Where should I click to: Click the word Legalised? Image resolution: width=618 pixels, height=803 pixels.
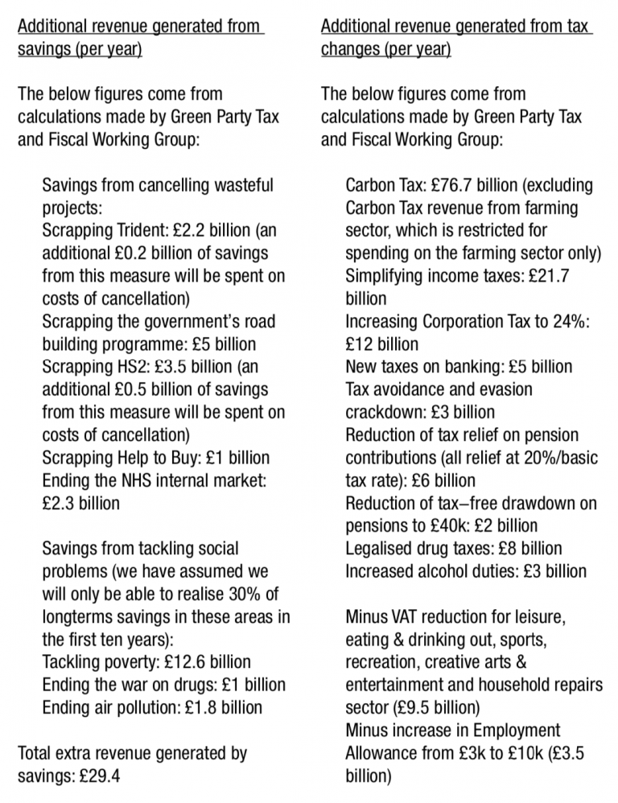pyautogui.click(x=379, y=549)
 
